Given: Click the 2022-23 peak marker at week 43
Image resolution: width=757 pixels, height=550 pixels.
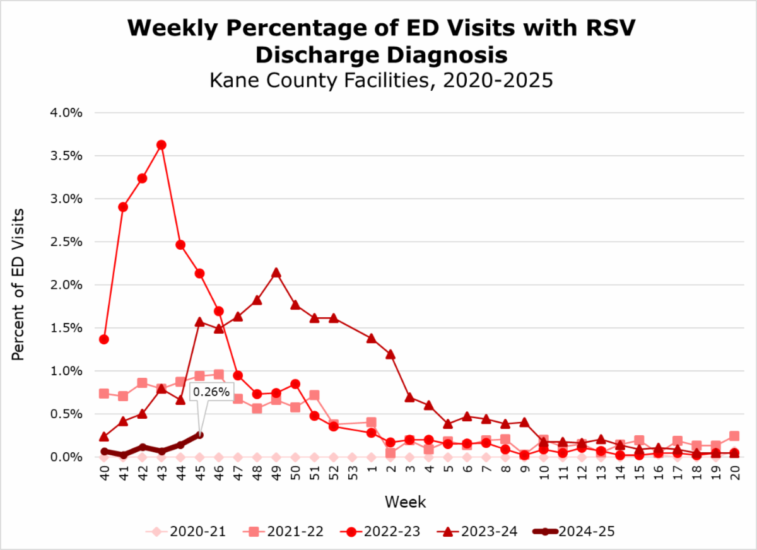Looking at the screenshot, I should (x=161, y=145).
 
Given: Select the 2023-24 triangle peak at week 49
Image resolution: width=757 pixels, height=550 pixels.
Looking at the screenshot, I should (x=276, y=273).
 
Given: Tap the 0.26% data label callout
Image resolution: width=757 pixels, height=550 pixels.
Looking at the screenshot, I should (x=212, y=392).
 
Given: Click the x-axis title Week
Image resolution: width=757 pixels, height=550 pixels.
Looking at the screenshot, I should (x=406, y=503).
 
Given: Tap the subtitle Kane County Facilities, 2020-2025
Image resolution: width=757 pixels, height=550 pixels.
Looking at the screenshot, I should (x=380, y=81).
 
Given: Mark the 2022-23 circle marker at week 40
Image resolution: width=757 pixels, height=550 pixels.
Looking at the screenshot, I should (x=103, y=339).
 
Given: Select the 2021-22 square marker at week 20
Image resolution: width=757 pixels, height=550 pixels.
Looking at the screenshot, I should (x=734, y=436).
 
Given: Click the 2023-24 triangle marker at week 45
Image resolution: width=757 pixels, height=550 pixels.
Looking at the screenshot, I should (x=199, y=322).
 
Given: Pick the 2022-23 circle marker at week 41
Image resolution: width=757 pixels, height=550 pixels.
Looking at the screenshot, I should (x=123, y=207).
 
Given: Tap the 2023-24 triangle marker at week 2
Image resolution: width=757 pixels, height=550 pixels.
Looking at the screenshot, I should (x=390, y=354).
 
